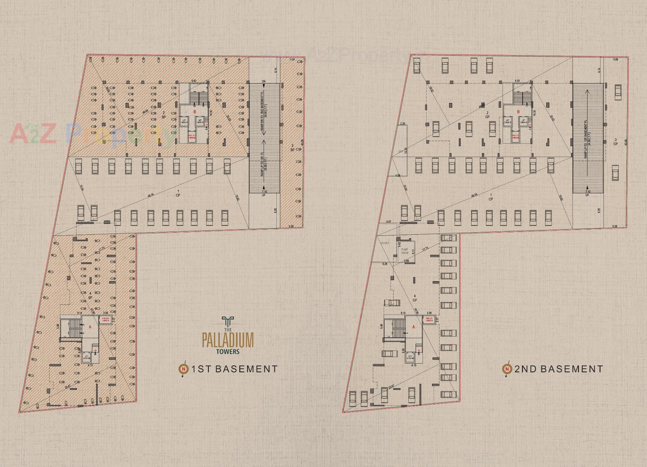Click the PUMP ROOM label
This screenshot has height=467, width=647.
(x=405, y=251)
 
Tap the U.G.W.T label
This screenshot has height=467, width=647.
(x=385, y=243)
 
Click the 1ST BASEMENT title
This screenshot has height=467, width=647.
(x=235, y=369)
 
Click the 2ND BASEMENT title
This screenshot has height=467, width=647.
(x=559, y=369)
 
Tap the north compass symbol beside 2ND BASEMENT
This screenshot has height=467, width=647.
(x=507, y=369)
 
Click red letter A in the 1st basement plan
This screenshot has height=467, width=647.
(x=90, y=327)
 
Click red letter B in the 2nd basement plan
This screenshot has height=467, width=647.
(x=518, y=111)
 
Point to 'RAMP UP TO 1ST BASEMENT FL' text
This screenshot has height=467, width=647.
(x=586, y=139)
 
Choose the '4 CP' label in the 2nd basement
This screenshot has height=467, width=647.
(x=415, y=298)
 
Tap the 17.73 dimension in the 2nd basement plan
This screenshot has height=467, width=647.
(x=425, y=248)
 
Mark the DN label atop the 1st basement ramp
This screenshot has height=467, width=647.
(x=264, y=81)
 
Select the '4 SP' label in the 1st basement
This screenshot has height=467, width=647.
(x=90, y=296)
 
